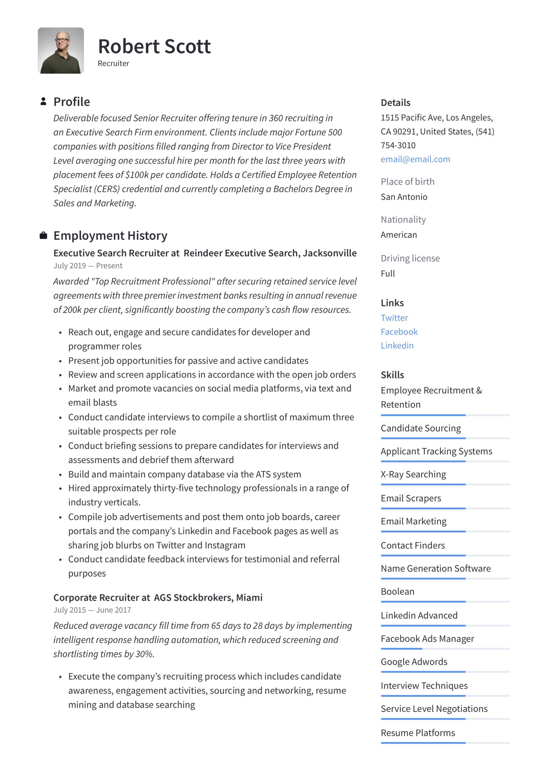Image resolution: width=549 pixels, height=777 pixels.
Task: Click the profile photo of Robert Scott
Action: (61, 50)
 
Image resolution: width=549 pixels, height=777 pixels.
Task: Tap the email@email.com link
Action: (415, 159)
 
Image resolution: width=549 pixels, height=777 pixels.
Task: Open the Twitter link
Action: (394, 318)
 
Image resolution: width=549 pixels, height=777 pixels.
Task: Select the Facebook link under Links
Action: (399, 332)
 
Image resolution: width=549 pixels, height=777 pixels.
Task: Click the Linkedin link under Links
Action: (397, 345)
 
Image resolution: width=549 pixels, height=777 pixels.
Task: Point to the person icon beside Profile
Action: (43, 101)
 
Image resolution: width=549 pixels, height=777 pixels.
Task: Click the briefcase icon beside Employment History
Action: (43, 235)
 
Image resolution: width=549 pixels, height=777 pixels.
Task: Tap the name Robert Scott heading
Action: (154, 46)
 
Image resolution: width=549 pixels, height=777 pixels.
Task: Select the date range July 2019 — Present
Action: (88, 266)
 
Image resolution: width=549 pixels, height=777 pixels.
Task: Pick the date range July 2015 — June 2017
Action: (92, 610)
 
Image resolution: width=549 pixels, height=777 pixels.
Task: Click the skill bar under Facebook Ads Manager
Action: (445, 649)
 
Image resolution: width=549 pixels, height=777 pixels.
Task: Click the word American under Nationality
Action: (399, 235)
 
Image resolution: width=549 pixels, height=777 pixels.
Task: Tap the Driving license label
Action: (410, 258)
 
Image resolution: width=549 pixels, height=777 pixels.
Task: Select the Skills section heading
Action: (392, 375)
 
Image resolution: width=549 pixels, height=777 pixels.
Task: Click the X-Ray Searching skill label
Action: (413, 474)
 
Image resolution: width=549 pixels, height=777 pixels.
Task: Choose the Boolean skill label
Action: (397, 592)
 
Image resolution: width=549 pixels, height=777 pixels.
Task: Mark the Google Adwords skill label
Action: (414, 662)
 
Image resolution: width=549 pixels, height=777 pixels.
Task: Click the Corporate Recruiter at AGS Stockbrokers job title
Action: (158, 597)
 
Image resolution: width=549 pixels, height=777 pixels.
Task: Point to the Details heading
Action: (395, 103)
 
